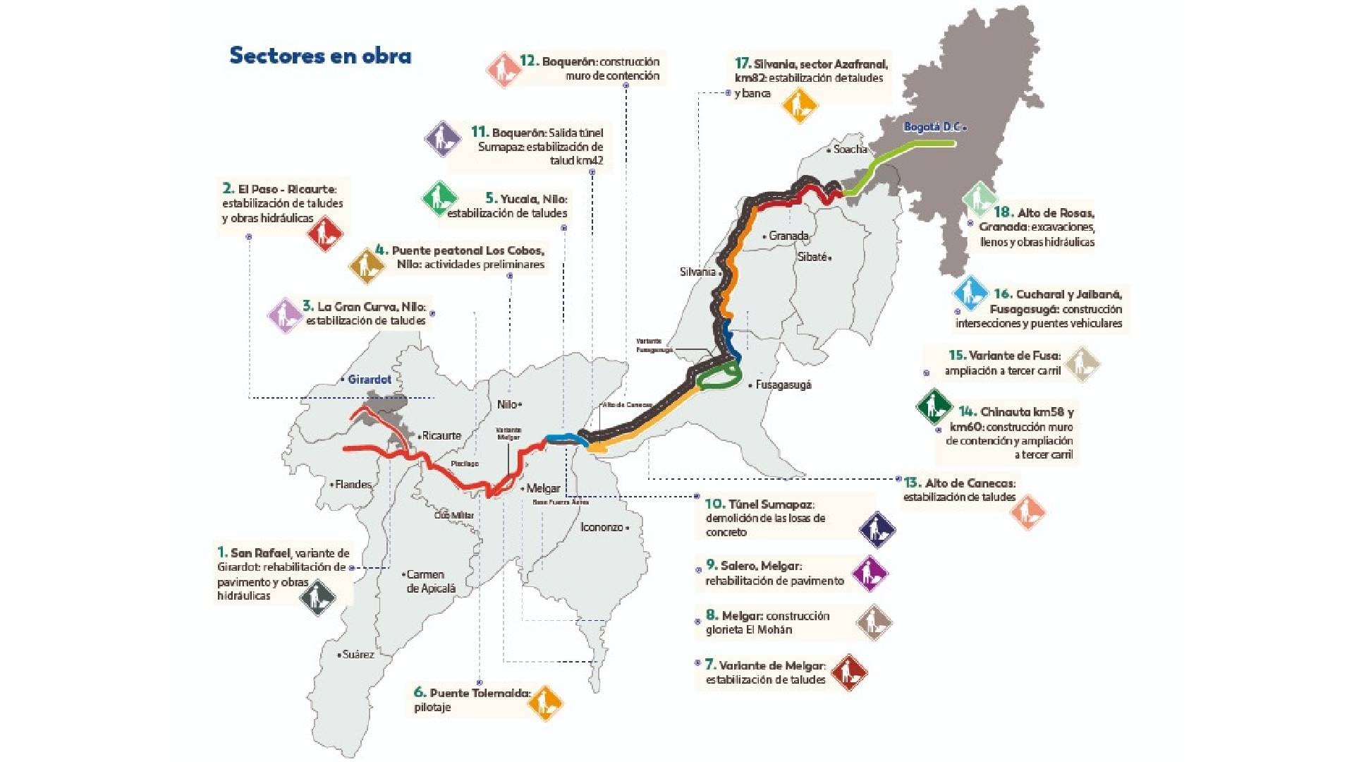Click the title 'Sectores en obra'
click(320, 56)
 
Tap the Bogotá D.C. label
click(932, 127)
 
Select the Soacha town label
click(850, 150)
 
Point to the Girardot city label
click(369, 380)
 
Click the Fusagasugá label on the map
click(783, 385)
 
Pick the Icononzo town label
click(602, 527)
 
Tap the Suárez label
click(358, 655)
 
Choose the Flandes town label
click(353, 485)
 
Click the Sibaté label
click(812, 258)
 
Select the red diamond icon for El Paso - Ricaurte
click(325, 233)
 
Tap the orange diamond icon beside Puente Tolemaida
click(545, 703)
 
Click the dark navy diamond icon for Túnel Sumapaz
click(877, 529)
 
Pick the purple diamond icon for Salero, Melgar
click(870, 574)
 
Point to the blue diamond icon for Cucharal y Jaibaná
click(970, 293)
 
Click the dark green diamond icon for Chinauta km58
click(934, 407)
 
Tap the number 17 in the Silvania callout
click(742, 64)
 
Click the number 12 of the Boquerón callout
click(529, 61)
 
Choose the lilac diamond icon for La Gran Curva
click(285, 315)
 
